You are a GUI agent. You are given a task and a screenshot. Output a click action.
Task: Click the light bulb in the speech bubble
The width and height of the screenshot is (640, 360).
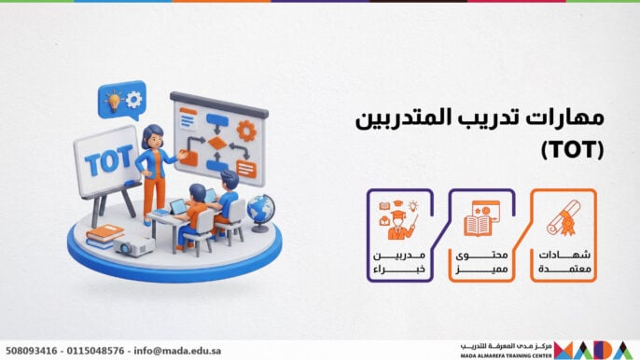pyautogui.click(x=112, y=99)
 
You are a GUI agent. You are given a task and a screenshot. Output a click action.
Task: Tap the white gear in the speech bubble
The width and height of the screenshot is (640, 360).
pyautogui.click(x=132, y=98)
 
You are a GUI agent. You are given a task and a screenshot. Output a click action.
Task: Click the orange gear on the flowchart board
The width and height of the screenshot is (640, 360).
pyautogui.click(x=246, y=131)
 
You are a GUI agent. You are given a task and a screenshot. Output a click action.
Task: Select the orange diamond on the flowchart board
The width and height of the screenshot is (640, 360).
pyautogui.click(x=217, y=143)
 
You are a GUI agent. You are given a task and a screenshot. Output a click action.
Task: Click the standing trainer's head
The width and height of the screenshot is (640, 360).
pyautogui.click(x=154, y=135)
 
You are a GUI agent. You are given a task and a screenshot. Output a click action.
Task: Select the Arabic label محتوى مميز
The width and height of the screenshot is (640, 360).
pyautogui.click(x=480, y=262)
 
